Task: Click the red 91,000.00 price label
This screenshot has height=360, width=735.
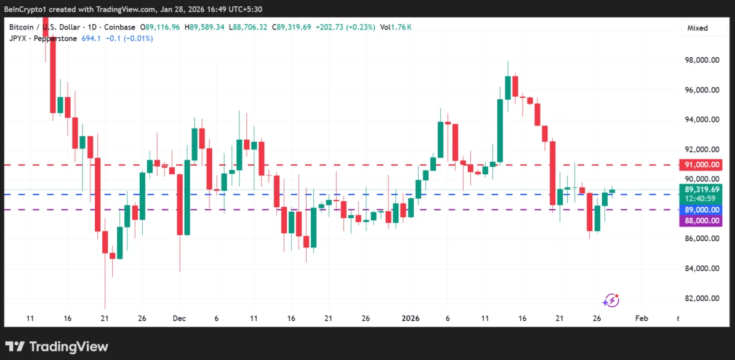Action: pyautogui.click(x=702, y=165)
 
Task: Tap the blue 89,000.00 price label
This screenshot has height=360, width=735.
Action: pyautogui.click(x=702, y=210)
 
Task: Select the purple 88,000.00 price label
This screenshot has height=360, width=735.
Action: pyautogui.click(x=702, y=222)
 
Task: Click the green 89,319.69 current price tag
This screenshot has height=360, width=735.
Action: pyautogui.click(x=702, y=190)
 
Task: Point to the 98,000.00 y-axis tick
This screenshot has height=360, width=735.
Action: pyautogui.click(x=702, y=60)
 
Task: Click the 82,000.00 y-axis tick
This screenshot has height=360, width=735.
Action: pyautogui.click(x=702, y=298)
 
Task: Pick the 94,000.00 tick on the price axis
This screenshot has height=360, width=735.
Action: pyautogui.click(x=702, y=120)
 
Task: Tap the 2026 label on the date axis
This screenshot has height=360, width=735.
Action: pyautogui.click(x=411, y=318)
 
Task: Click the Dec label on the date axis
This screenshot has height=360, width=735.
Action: pyautogui.click(x=179, y=318)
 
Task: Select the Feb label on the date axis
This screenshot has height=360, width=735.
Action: pyautogui.click(x=641, y=318)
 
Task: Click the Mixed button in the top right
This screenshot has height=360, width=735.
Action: pyautogui.click(x=697, y=28)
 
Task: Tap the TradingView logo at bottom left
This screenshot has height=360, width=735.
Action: pyautogui.click(x=57, y=346)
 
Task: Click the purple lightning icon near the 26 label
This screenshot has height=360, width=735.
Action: pyautogui.click(x=611, y=300)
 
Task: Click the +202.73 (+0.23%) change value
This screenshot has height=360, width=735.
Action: pyautogui.click(x=345, y=27)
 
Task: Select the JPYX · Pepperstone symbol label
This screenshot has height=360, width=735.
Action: pyautogui.click(x=43, y=38)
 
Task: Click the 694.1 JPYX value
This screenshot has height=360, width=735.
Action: pyautogui.click(x=91, y=38)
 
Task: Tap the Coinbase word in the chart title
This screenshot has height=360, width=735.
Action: pyautogui.click(x=120, y=27)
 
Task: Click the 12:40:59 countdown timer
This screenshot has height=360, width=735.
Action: pyautogui.click(x=702, y=198)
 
